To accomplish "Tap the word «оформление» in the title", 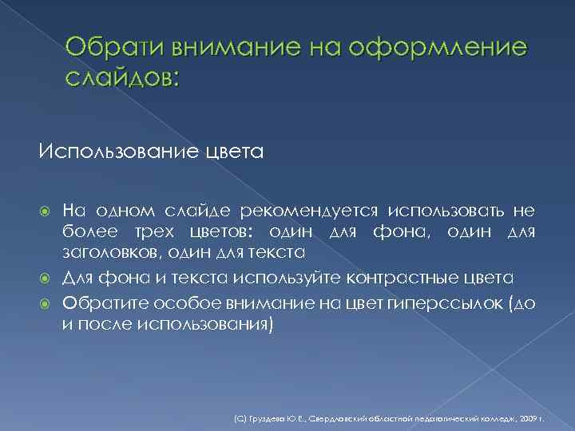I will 447,49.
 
